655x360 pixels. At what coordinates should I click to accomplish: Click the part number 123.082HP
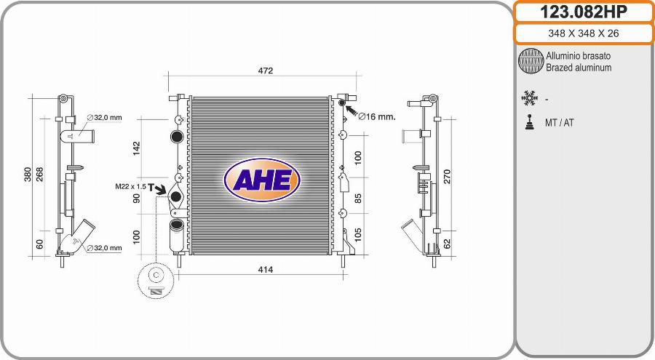[x=583, y=12]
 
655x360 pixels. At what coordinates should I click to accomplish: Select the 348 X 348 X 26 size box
[x=583, y=33]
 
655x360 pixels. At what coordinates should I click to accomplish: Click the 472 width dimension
[x=266, y=71]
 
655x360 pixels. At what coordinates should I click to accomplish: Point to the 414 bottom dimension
[x=265, y=270]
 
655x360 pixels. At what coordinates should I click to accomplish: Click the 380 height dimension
[x=28, y=175]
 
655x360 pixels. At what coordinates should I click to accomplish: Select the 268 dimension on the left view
[x=40, y=175]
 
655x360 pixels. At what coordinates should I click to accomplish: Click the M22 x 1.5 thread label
[x=130, y=187]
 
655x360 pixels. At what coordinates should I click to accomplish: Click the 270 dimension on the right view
[x=448, y=176]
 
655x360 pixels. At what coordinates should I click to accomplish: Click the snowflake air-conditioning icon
[x=529, y=97]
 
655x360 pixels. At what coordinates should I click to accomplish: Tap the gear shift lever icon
[x=529, y=122]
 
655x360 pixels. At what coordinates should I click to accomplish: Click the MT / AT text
[x=559, y=123]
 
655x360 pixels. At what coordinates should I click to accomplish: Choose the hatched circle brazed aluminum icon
[x=531, y=62]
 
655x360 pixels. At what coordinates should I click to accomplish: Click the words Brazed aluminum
[x=579, y=68]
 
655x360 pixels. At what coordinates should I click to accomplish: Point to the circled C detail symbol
[x=156, y=276]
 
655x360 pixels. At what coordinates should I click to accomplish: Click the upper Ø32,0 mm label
[x=105, y=117]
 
